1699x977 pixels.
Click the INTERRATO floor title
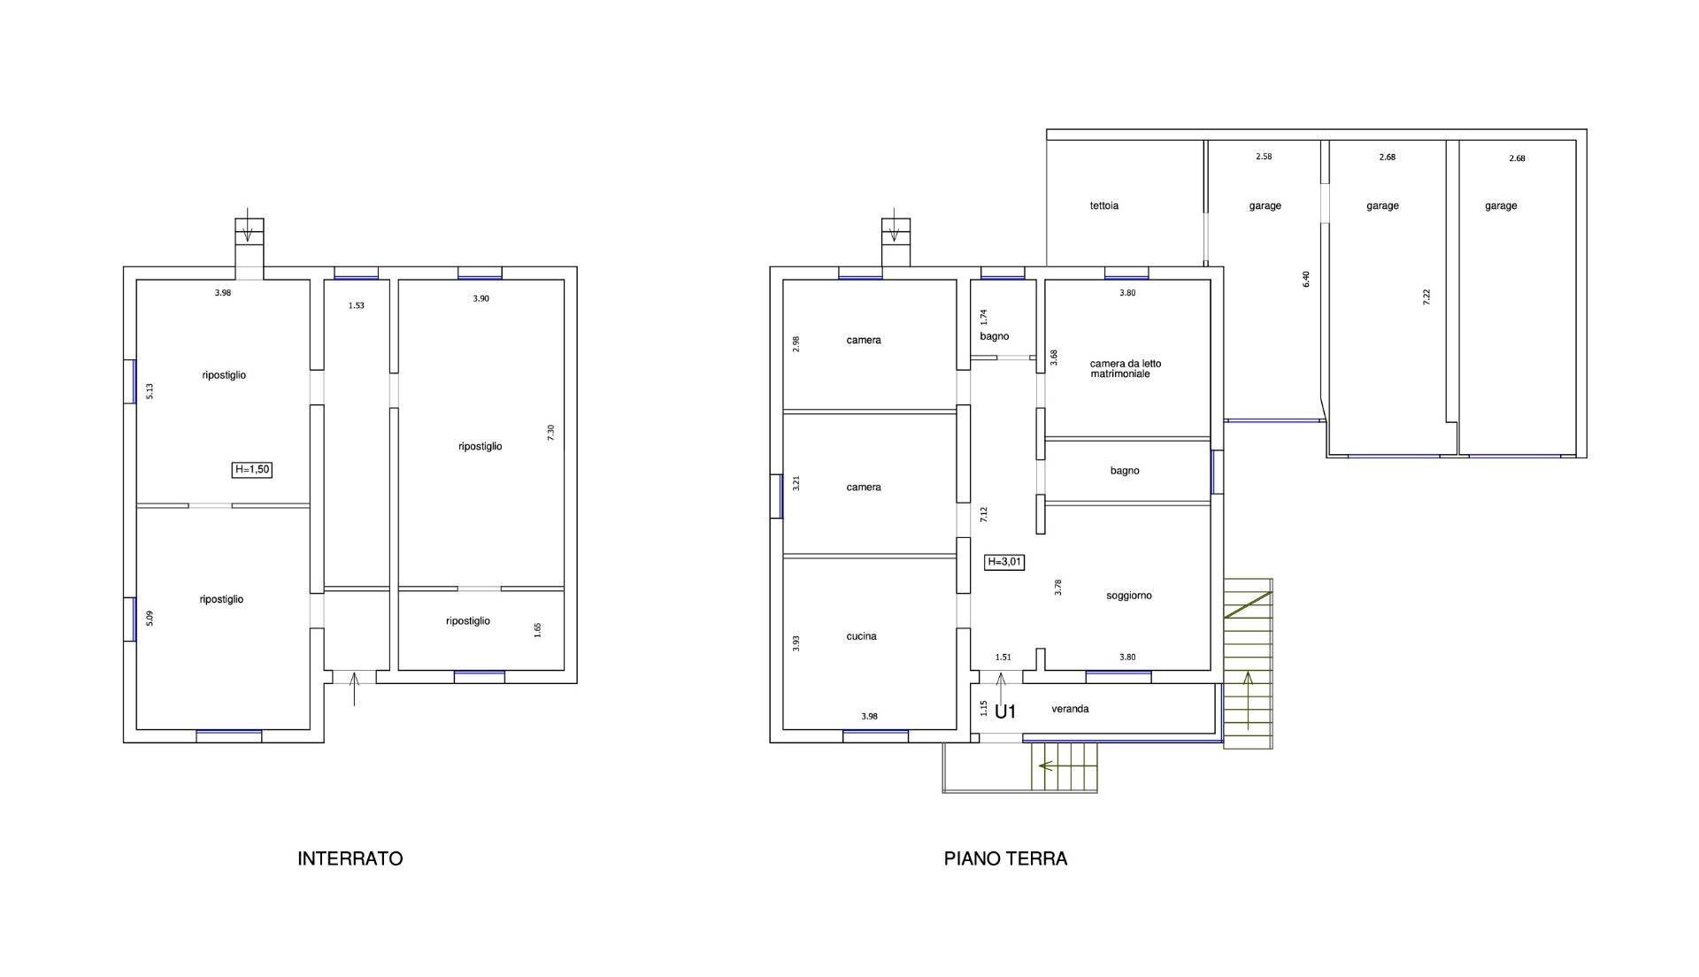pos(350,858)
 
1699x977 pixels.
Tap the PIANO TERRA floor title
pos(1005,858)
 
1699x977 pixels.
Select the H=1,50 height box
pos(252,470)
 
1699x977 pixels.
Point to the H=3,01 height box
pos(1005,562)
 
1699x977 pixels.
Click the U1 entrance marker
pos(1005,712)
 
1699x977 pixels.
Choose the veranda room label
pos(1070,709)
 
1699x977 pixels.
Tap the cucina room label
pos(862,636)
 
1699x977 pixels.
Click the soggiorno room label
pos(1129,596)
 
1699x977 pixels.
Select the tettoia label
pos(1104,205)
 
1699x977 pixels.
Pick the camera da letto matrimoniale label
pos(1126,369)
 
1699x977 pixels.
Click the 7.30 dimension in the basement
pos(551,433)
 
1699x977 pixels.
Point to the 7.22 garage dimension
pos(1426,297)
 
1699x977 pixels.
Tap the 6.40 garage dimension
pos(1306,279)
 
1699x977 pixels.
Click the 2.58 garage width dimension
pos(1264,157)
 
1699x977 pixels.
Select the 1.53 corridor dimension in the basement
pos(356,305)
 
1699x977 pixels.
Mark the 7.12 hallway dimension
pos(984,514)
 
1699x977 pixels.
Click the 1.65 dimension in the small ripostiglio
pos(538,630)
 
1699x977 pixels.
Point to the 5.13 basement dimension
pos(150,391)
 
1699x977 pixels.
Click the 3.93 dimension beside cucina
pos(796,643)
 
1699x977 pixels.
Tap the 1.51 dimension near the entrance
pos(1003,658)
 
